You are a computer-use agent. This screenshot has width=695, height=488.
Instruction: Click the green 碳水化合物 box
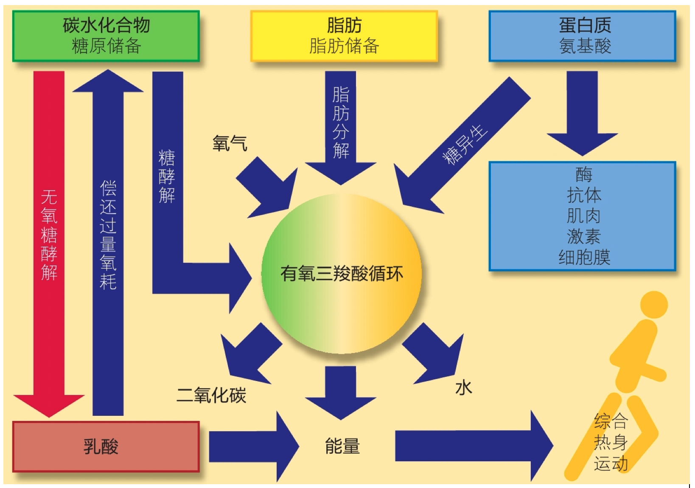click(106, 36)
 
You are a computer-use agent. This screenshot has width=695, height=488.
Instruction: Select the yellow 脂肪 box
click(344, 36)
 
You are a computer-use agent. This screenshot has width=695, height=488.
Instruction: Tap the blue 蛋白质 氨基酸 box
click(582, 36)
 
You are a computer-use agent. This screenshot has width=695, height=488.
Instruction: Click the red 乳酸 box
click(106, 446)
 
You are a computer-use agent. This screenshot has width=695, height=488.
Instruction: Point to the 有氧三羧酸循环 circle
click(342, 274)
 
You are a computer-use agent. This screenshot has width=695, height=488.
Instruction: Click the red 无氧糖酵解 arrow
click(49, 238)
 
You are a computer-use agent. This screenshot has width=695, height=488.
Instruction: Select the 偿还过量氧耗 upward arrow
click(108, 238)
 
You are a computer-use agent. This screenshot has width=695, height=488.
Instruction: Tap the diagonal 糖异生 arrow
click(465, 144)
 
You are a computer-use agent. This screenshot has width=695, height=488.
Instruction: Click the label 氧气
click(230, 143)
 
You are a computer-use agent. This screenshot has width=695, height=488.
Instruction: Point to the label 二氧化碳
click(211, 395)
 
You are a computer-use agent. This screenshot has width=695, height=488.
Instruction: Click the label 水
click(463, 387)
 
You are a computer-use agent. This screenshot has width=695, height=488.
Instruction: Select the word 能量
click(342, 446)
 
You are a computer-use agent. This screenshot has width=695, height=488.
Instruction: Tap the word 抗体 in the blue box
click(584, 195)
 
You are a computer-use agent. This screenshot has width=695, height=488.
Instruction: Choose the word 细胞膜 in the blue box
click(584, 257)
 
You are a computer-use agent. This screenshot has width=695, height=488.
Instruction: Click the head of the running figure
click(653, 305)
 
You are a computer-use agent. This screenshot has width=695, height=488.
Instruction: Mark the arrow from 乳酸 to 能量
click(250, 446)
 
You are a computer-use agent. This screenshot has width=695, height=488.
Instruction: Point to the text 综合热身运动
click(611, 442)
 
